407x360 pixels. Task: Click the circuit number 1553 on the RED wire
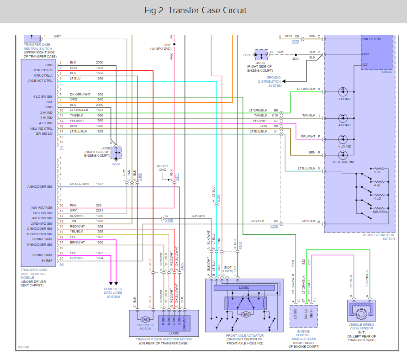pyautogui.click(x=100, y=68)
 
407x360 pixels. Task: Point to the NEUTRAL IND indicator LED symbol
pyautogui.click(x=344, y=154)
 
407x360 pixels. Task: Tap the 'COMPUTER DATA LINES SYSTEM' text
pyautogui.click(x=113, y=293)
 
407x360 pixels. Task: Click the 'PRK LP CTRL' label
pyautogui.click(x=371, y=39)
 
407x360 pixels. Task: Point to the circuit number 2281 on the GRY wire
pyautogui.click(x=100, y=210)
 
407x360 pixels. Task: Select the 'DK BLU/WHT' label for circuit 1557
pyautogui.click(x=79, y=184)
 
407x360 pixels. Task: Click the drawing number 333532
pyautogui.click(x=24, y=347)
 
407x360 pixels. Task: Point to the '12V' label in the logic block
pyautogui.click(x=365, y=64)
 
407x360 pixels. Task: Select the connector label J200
pyautogui.click(x=296, y=58)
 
